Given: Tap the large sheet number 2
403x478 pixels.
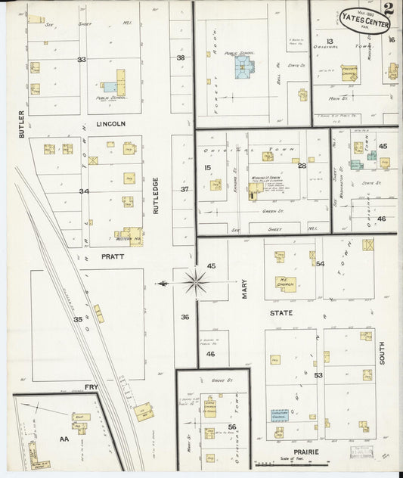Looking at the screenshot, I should [389, 10].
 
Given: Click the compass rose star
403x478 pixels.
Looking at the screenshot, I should [196, 283].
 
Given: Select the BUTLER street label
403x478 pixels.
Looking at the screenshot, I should [22, 124].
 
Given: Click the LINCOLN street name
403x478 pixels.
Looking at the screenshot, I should [110, 123].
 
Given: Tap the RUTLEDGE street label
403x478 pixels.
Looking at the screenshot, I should [156, 195].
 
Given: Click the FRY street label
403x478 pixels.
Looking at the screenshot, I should [91, 388].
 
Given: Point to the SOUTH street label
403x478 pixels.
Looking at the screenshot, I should [382, 352].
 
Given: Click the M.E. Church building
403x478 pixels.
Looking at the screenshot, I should [286, 284].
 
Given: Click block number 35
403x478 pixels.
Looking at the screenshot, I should [77, 320].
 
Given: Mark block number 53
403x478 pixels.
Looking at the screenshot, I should [318, 375].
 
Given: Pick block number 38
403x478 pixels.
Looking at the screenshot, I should [181, 58].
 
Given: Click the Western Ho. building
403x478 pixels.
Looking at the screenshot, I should [132, 236].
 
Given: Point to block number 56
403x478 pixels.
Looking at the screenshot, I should [232, 427].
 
